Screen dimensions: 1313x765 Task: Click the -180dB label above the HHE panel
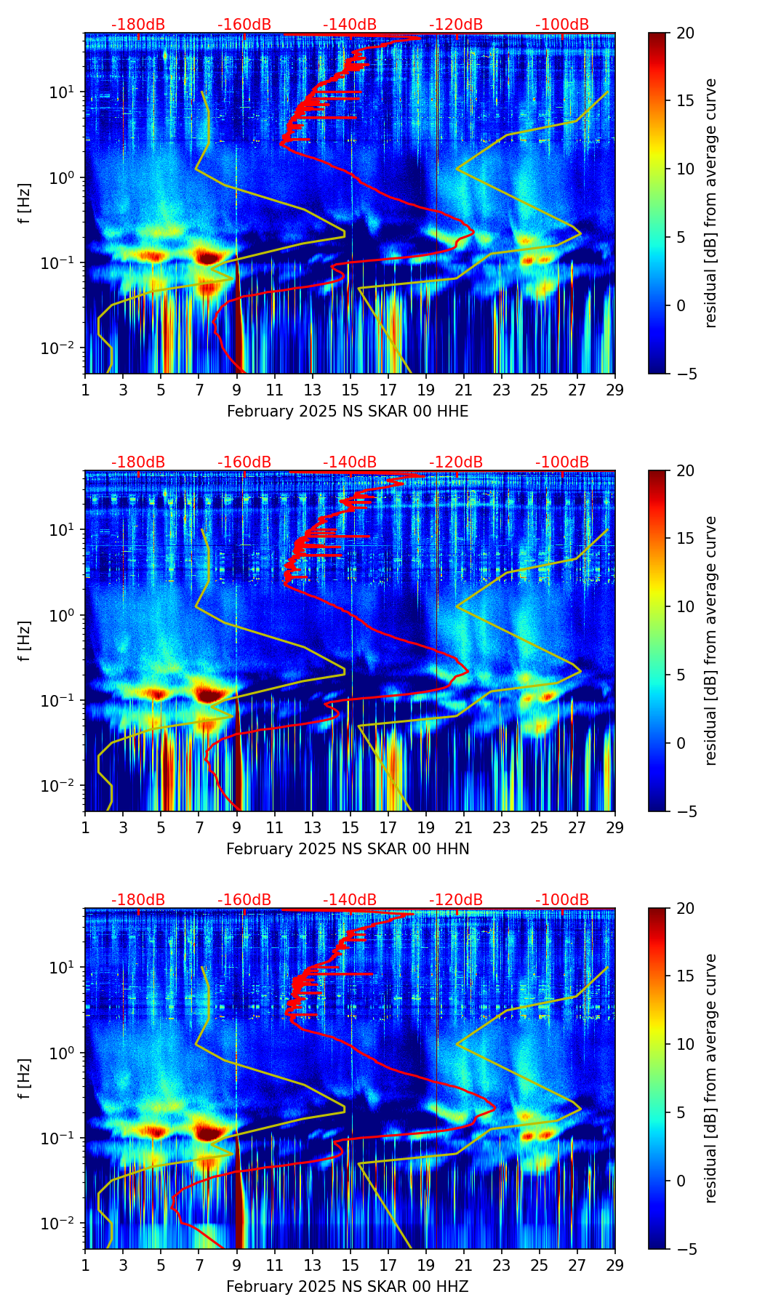point(138,25)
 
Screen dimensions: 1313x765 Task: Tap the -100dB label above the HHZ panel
point(562,900)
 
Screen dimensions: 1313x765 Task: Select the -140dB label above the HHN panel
point(350,462)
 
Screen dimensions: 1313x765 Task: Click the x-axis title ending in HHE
point(348,411)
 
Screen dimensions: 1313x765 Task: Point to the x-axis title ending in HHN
point(348,849)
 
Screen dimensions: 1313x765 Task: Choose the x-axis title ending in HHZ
point(348,1287)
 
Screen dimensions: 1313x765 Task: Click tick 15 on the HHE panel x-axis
point(351,390)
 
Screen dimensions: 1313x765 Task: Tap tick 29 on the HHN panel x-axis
point(615,828)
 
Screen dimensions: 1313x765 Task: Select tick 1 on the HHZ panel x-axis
point(86,1266)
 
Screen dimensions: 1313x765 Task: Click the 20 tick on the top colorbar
point(685,33)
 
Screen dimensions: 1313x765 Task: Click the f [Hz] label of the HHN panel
point(25,641)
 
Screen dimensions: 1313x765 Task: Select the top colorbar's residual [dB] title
point(711,203)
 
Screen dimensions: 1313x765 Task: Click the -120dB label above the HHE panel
point(456,25)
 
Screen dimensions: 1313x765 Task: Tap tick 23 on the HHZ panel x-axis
point(502,1266)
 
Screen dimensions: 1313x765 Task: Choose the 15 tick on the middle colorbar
point(685,539)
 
